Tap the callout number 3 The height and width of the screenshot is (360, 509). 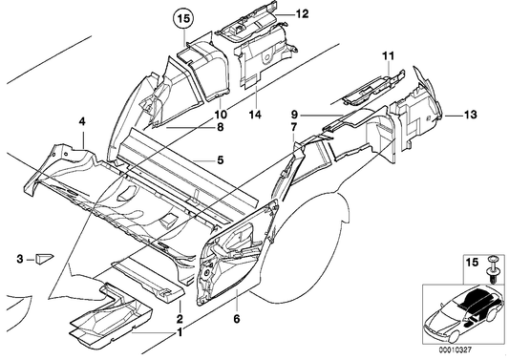click(x=19, y=259)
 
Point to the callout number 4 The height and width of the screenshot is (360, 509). click(x=82, y=121)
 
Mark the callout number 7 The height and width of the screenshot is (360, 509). click(x=293, y=126)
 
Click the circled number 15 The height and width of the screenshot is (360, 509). click(x=181, y=16)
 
